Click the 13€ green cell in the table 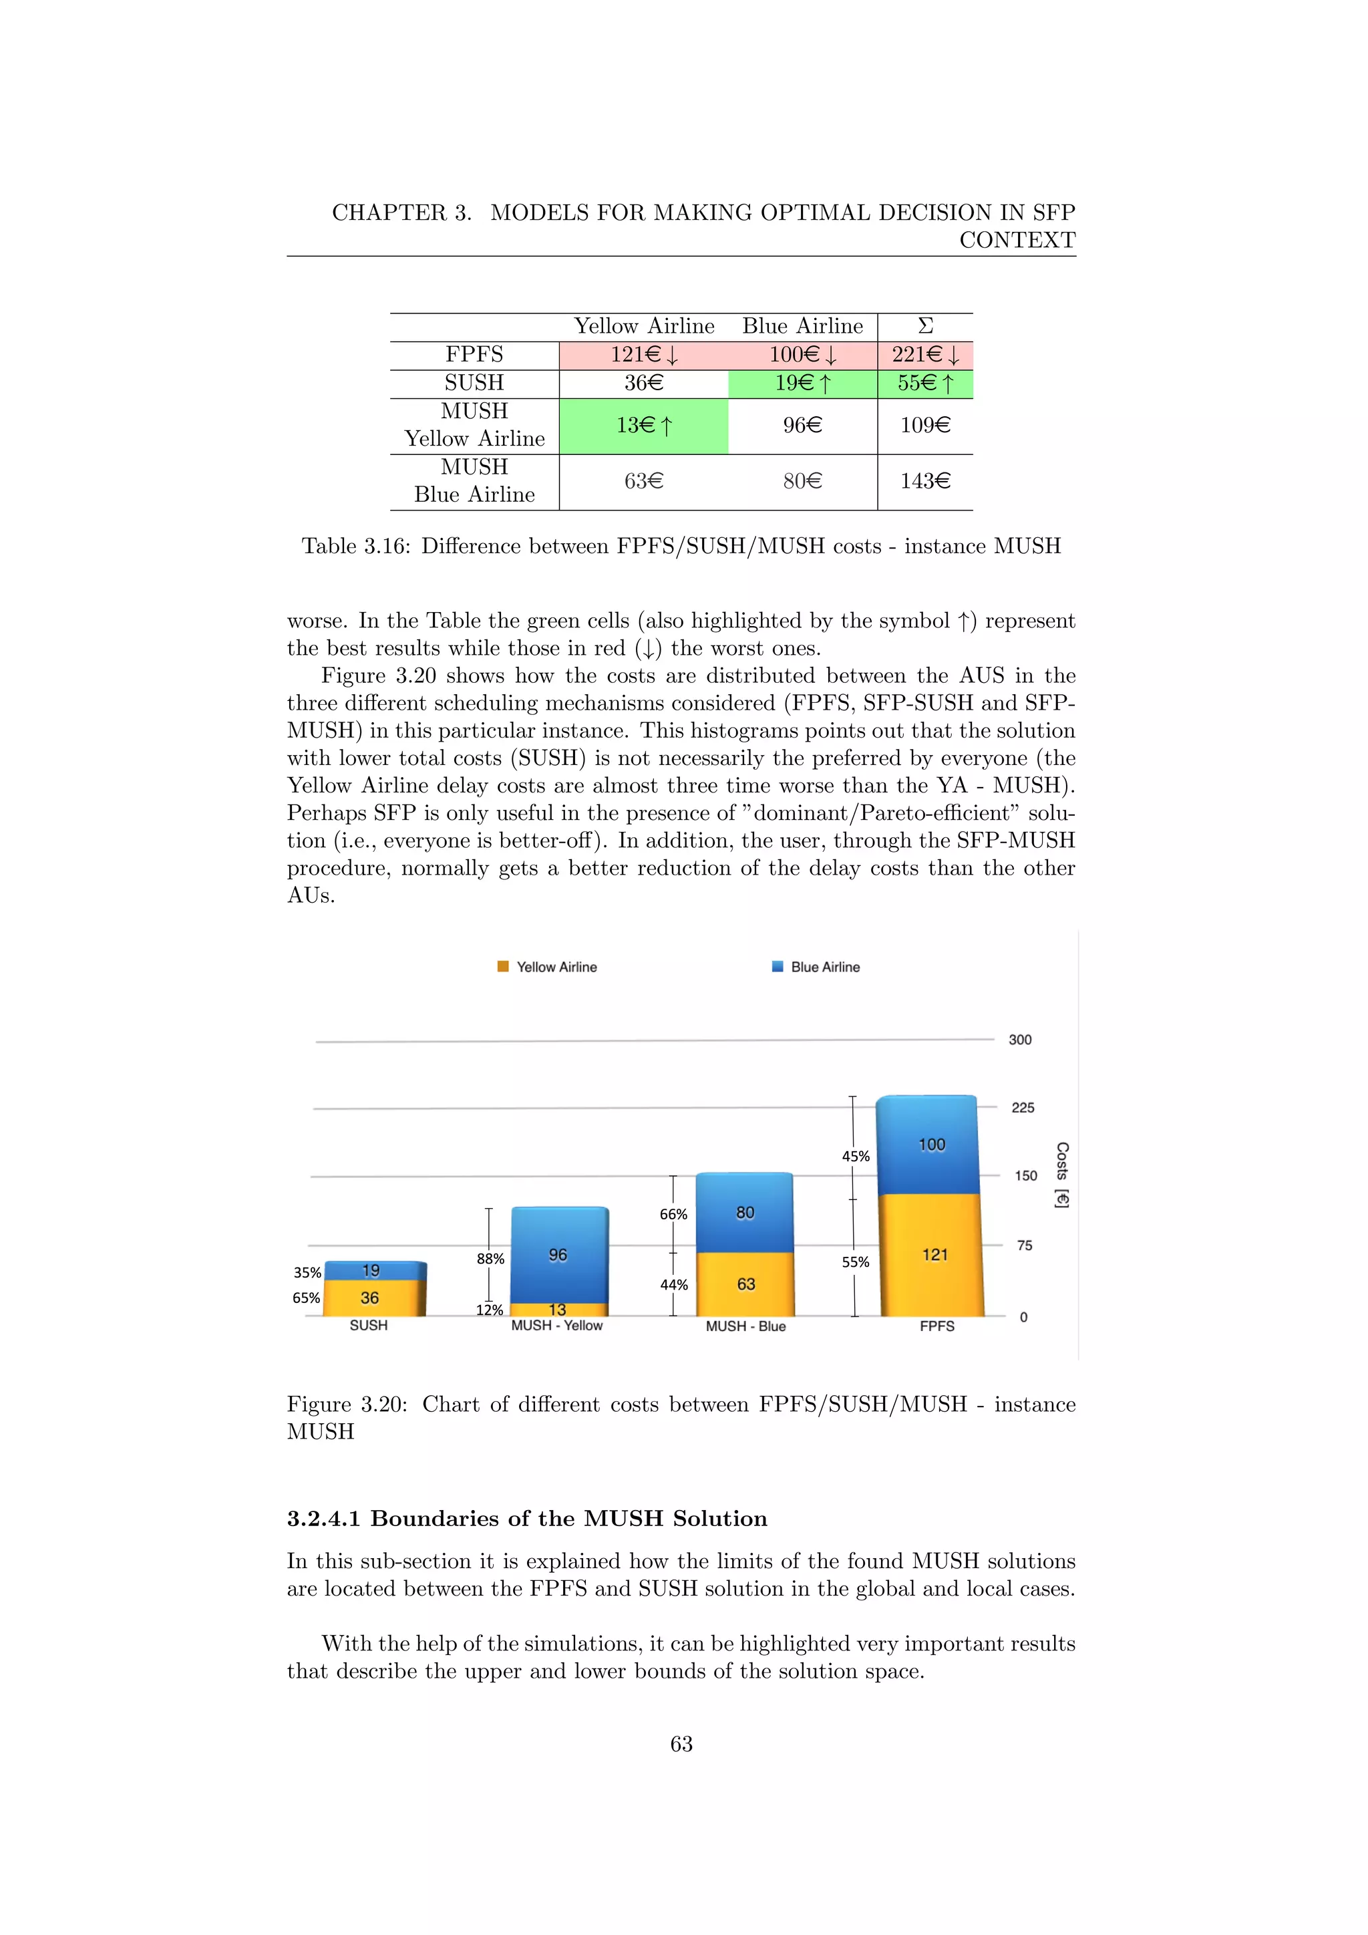[x=643, y=426]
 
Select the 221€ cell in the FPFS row [x=925, y=355]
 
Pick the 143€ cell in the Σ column [x=925, y=481]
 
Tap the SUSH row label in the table [x=474, y=383]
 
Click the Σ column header [x=925, y=326]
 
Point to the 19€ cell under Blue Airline [x=802, y=384]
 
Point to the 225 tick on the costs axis [x=1023, y=1107]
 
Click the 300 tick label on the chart [x=1020, y=1039]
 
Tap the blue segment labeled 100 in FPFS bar [x=930, y=1145]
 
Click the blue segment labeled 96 [x=558, y=1255]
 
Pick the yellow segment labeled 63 [x=745, y=1284]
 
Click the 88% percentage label [x=490, y=1258]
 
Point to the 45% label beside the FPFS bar [x=855, y=1157]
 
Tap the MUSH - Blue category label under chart [x=745, y=1326]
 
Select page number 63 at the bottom [x=681, y=1744]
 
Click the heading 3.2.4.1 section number [x=323, y=1519]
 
